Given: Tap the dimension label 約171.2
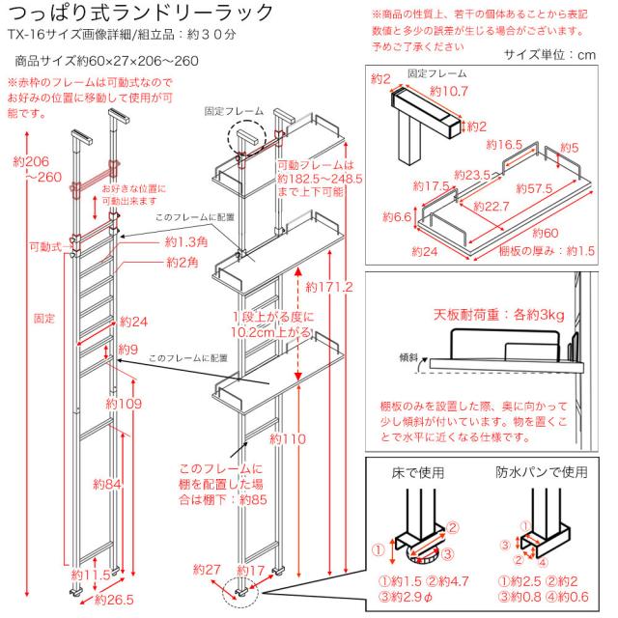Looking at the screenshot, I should pos(328,287).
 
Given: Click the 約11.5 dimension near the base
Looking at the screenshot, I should pos(95,576).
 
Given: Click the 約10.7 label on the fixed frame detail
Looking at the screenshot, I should pos(448,92).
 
